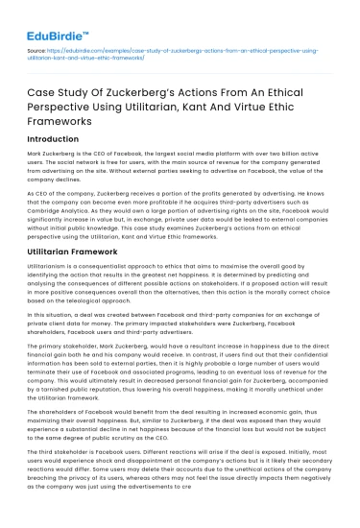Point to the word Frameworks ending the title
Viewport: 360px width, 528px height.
click(64, 126)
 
